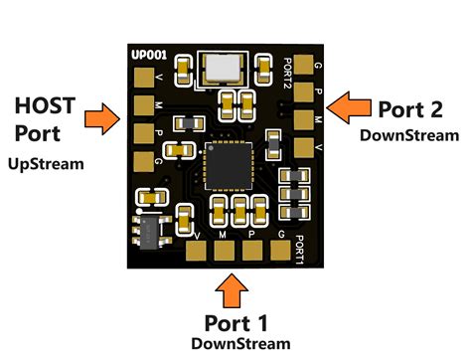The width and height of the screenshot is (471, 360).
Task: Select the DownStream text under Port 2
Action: tap(409, 134)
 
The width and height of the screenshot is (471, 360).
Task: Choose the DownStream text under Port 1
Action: tap(240, 343)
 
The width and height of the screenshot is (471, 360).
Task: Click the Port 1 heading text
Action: tap(236, 321)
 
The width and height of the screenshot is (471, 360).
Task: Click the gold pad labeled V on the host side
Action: tap(141, 81)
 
